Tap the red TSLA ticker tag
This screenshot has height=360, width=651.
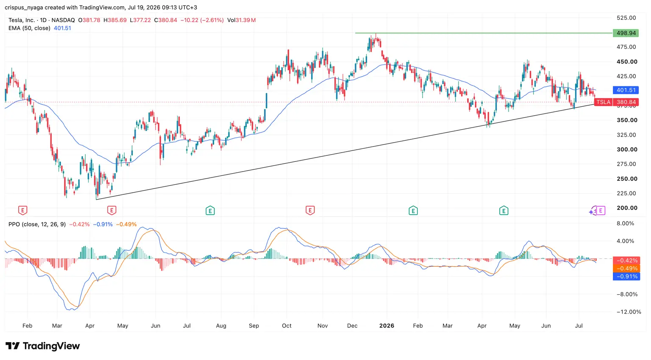(x=604, y=102)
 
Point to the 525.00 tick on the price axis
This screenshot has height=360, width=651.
(x=626, y=18)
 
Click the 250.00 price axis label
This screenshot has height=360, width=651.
(x=627, y=179)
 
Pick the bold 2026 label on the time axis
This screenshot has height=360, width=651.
(x=387, y=325)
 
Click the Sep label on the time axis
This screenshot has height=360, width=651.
(x=254, y=325)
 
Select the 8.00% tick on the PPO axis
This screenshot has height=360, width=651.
(x=625, y=223)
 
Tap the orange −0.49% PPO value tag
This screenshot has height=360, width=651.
(x=626, y=268)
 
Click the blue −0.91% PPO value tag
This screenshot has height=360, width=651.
(x=626, y=277)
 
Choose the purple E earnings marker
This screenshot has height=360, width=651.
(x=601, y=210)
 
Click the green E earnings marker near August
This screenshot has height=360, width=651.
(x=210, y=210)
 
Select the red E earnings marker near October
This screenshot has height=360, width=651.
(x=310, y=210)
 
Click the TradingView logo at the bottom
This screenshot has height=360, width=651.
(x=42, y=346)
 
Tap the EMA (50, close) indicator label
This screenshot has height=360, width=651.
(x=29, y=28)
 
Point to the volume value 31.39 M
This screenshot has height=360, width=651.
(x=245, y=20)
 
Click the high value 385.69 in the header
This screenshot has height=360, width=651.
(x=117, y=20)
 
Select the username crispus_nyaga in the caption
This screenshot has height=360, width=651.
(x=24, y=7)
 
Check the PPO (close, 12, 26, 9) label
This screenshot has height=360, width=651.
(x=37, y=224)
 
